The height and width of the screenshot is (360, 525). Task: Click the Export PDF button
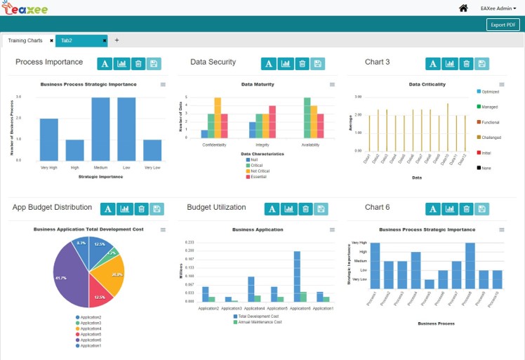[x=503, y=25]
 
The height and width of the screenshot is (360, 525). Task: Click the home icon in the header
[x=463, y=8]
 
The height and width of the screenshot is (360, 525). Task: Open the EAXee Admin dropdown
[x=498, y=8]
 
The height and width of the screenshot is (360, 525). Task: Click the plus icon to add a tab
[x=117, y=41]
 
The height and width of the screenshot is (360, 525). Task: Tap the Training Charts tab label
[x=25, y=41]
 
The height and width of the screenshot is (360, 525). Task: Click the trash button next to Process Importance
[x=138, y=64]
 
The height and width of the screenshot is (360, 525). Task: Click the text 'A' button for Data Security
[x=268, y=64]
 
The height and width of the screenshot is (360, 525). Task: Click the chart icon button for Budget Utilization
[x=288, y=209]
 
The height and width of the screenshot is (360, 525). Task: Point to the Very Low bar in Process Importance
[x=153, y=149]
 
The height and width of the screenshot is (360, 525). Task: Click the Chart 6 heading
[x=378, y=208]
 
